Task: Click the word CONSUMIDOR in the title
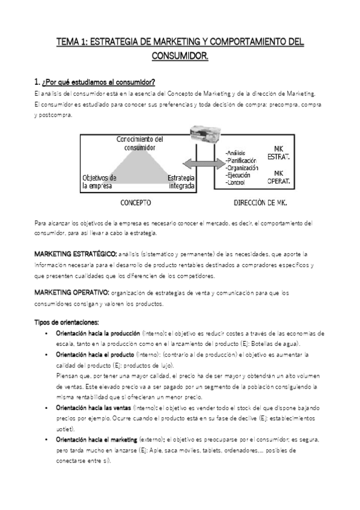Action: tap(180, 57)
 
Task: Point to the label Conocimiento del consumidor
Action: tap(139, 143)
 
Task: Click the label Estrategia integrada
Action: tap(181, 182)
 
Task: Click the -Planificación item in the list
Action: tap(240, 161)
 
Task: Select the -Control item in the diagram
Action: tap(235, 182)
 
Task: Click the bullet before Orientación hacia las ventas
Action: tap(47, 408)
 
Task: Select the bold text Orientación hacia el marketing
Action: tap(96, 440)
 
